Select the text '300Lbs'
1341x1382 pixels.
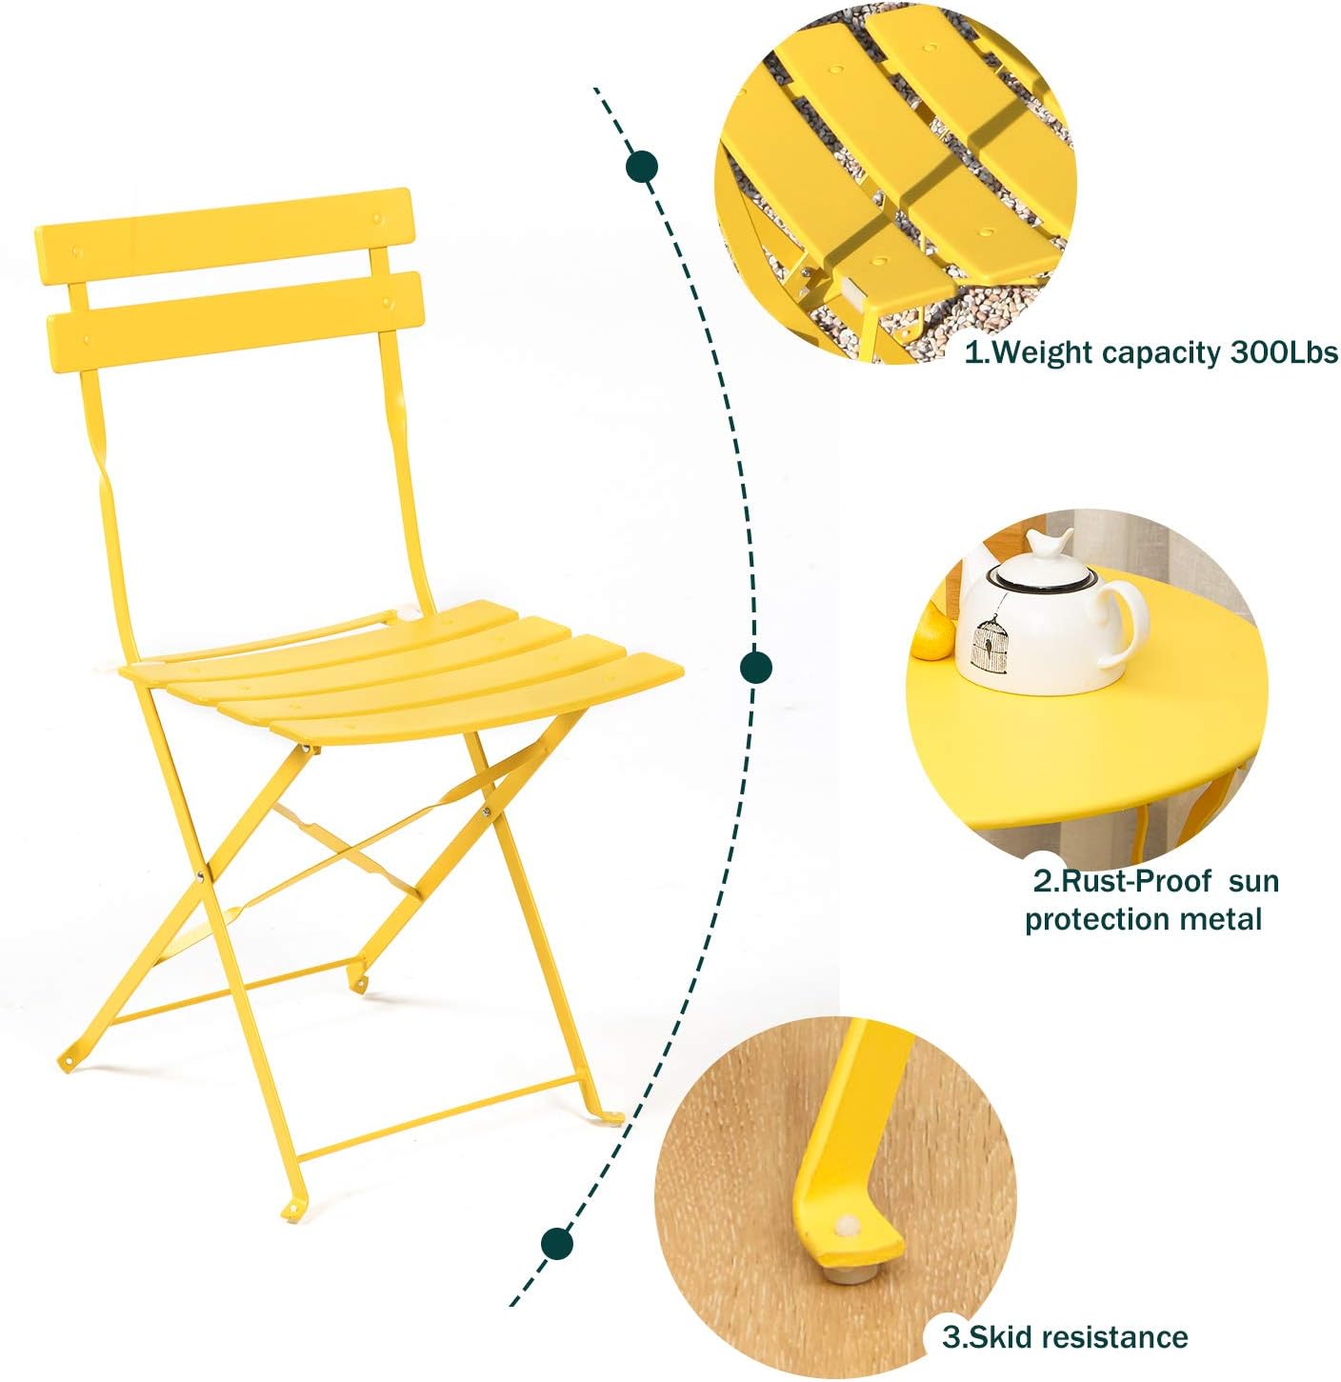[x=1283, y=352]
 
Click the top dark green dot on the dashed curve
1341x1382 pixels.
[x=642, y=167]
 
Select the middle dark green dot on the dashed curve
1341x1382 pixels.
[x=756, y=666]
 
